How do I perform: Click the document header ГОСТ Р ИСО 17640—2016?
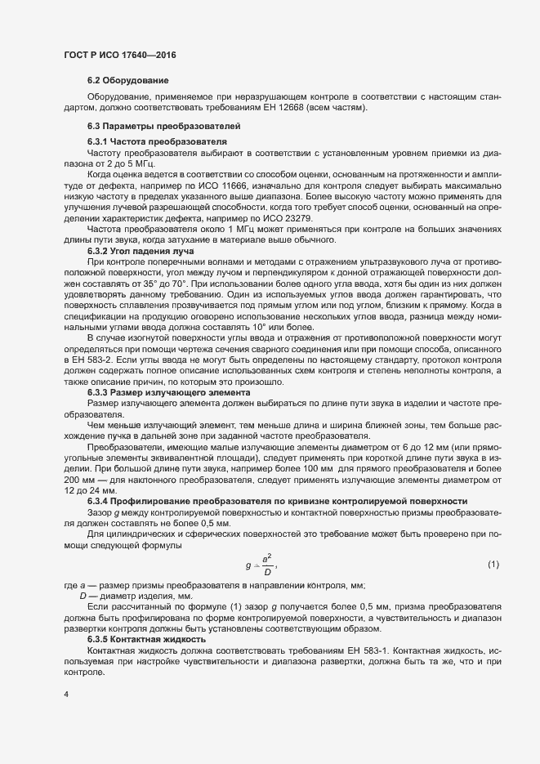[x=120, y=55]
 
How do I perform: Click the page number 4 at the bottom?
[x=66, y=695]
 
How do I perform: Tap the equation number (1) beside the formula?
[x=493, y=565]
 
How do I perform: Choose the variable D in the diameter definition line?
[x=83, y=596]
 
